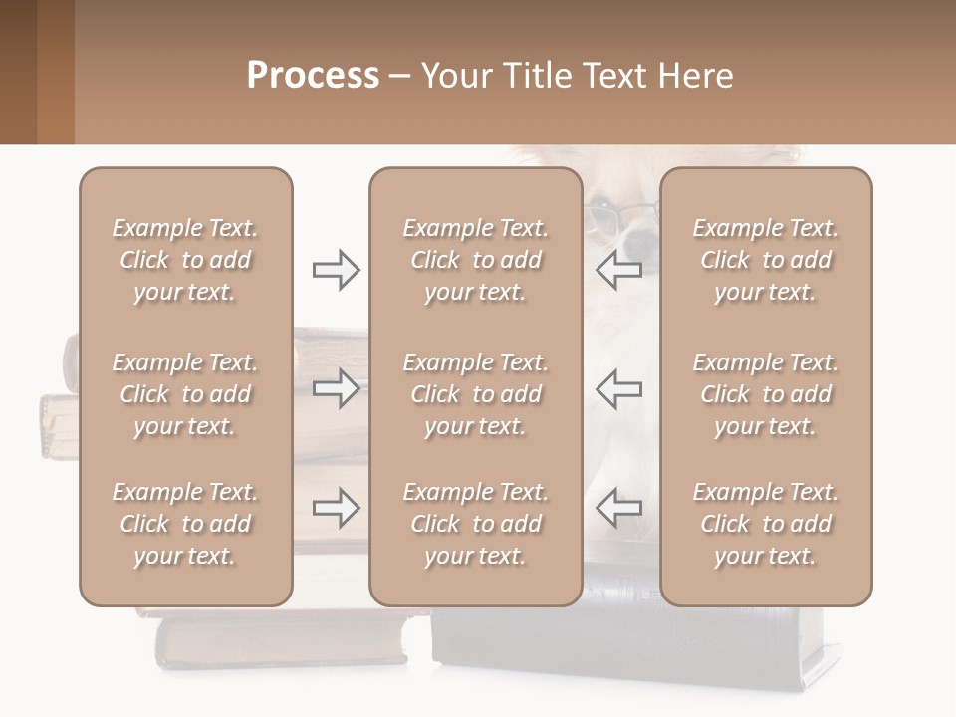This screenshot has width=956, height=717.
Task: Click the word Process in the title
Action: tap(313, 76)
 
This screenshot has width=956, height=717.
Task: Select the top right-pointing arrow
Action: tap(336, 269)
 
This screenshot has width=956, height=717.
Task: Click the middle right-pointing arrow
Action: tap(336, 388)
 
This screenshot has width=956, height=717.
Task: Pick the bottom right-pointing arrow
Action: tap(336, 509)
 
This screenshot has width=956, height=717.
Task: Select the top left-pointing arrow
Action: tap(618, 269)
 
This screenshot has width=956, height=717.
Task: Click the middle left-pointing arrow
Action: tap(618, 388)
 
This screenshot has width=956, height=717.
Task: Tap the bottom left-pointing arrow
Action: tap(618, 509)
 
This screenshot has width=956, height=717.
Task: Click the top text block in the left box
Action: tap(185, 260)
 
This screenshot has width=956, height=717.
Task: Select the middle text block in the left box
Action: tap(185, 394)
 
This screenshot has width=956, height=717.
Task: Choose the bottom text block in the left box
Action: tap(185, 524)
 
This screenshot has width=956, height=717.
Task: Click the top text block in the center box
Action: tap(475, 260)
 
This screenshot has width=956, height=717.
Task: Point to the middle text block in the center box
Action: tap(475, 394)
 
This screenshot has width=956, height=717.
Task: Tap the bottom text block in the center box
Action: tap(475, 524)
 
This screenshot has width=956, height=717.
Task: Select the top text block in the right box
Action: tap(765, 260)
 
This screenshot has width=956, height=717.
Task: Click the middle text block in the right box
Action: tap(765, 394)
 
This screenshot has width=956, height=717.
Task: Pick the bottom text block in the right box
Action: tap(765, 524)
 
